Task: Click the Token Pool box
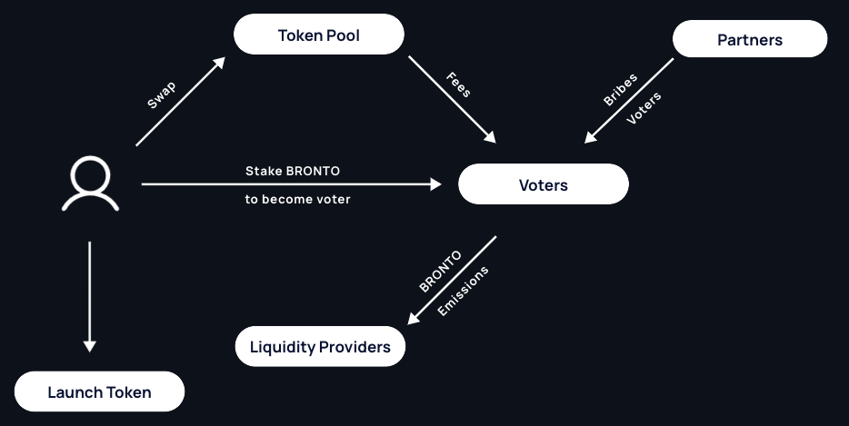(318, 35)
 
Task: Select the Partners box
(749, 40)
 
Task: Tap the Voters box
(543, 185)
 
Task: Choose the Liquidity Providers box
(320, 347)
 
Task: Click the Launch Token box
(99, 392)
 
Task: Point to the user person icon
(90, 185)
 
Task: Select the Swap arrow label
(161, 94)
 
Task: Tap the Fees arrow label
(458, 84)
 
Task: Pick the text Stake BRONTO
(293, 171)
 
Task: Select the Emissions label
(463, 291)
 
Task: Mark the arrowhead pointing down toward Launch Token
(89, 345)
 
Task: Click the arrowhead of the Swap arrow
(219, 63)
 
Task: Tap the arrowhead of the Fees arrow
(490, 138)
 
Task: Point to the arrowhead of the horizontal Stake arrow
(435, 184)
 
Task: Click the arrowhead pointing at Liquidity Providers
(414, 318)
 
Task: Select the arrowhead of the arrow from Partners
(590, 138)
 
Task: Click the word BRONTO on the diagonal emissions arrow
(440, 271)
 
